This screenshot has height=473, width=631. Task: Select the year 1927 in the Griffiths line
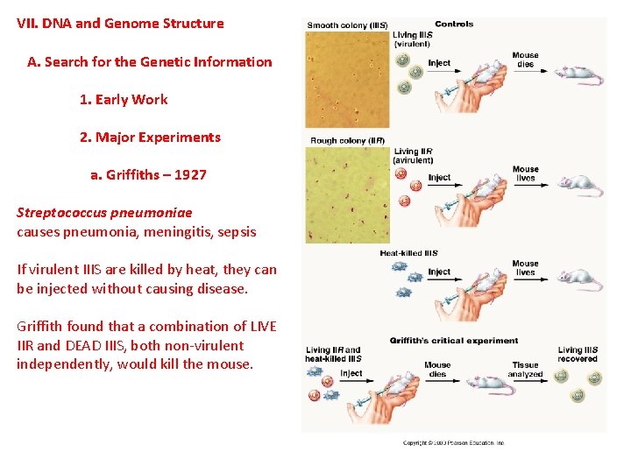pos(190,174)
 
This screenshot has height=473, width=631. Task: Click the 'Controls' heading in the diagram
pos(454,25)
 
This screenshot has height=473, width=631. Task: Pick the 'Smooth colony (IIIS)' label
pos(346,25)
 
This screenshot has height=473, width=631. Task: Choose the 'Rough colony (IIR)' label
pos(347,140)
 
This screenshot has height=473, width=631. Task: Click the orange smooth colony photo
pos(346,79)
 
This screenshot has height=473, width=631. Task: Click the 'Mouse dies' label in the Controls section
pos(525,60)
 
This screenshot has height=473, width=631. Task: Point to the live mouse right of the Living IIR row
pos(579,185)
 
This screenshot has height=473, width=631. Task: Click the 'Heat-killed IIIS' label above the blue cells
pos(408,253)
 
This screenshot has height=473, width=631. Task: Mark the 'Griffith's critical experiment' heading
pos(454,340)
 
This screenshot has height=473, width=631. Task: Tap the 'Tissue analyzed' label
pos(526,370)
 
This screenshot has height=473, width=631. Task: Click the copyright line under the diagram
pos(453,443)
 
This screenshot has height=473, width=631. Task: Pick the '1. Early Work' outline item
pos(124,99)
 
